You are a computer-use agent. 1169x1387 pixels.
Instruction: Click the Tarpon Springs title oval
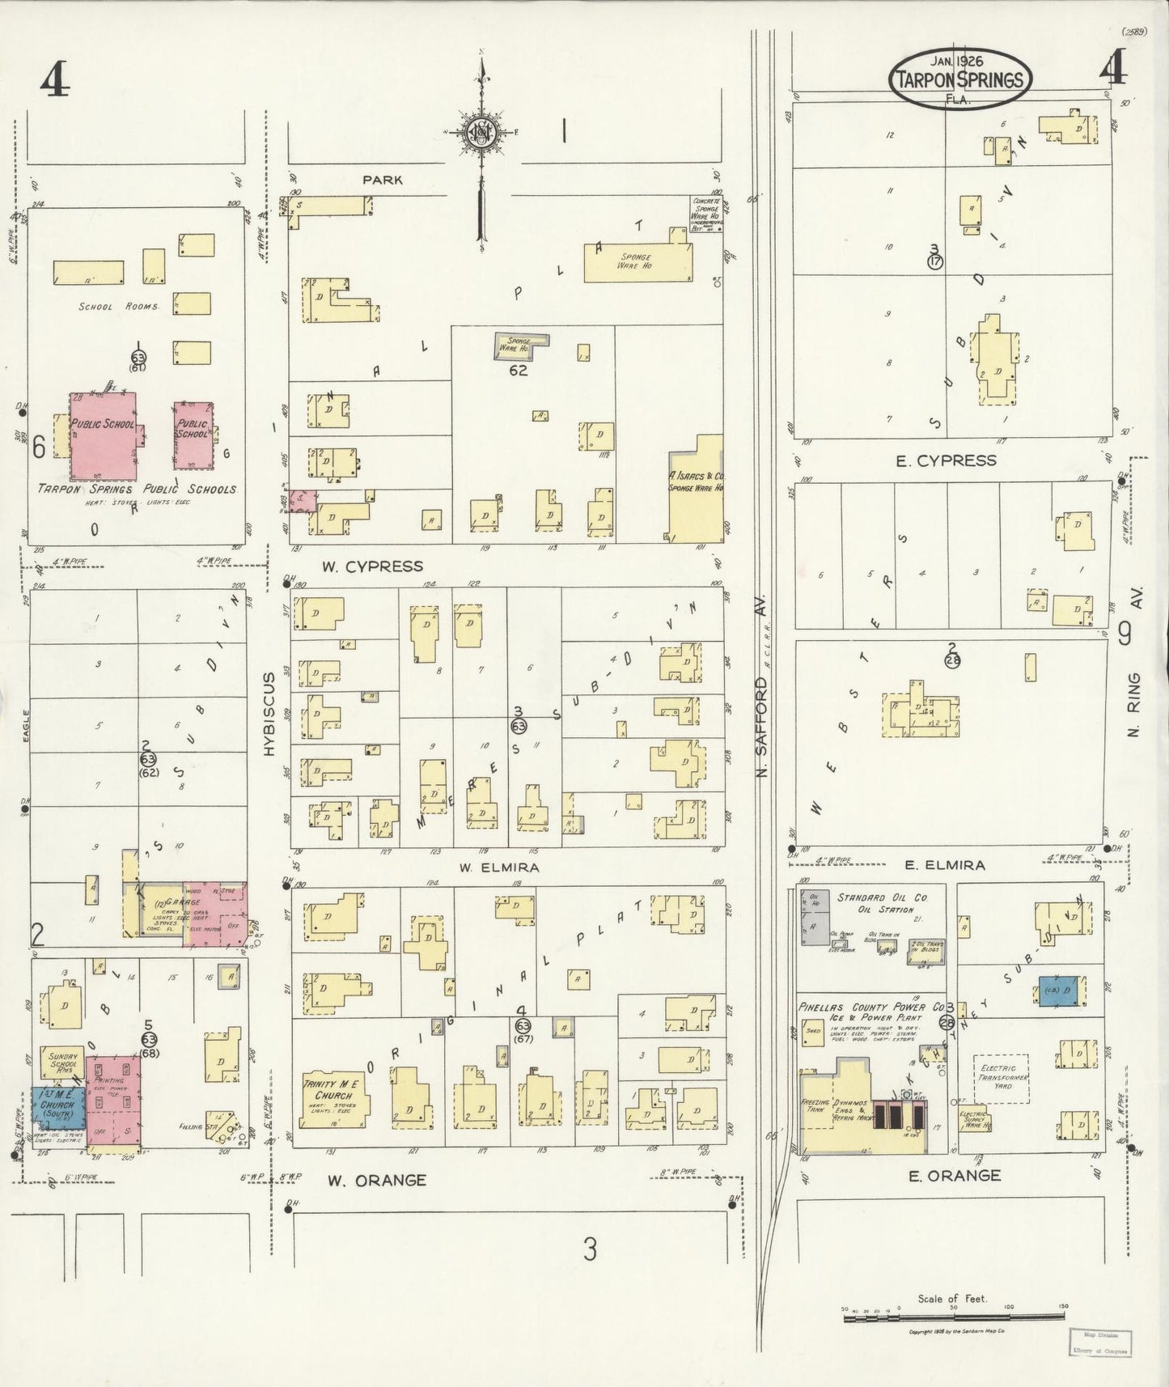(x=960, y=78)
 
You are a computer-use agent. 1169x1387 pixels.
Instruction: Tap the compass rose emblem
(x=481, y=133)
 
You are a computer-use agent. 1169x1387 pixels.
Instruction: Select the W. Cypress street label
(x=372, y=566)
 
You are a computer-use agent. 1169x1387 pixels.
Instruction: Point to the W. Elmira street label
(x=488, y=867)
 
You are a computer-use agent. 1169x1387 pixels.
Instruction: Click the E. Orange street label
(x=955, y=1175)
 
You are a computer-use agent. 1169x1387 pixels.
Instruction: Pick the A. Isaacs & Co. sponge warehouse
(x=696, y=490)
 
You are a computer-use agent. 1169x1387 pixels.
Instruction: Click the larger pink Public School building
(x=102, y=435)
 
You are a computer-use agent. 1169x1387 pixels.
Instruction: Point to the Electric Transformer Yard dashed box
(x=1001, y=1079)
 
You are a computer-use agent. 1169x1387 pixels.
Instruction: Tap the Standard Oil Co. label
(x=882, y=897)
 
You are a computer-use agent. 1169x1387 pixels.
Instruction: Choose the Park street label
(x=383, y=180)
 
